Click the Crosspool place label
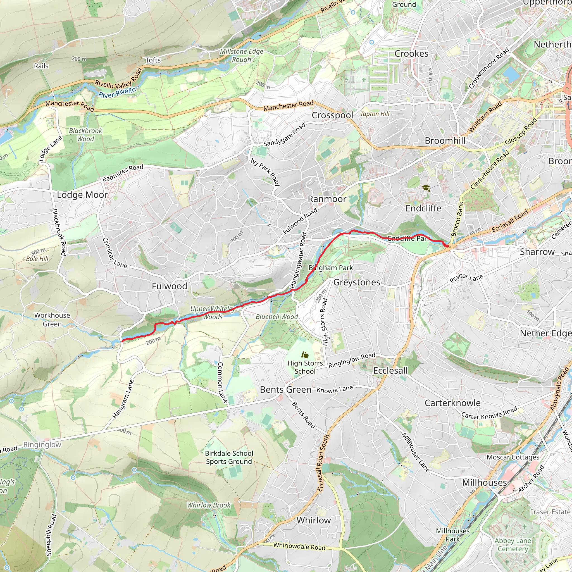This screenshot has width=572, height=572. pos(332,115)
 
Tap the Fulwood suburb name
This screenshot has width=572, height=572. pos(169,286)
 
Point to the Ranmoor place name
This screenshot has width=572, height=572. pos(327,199)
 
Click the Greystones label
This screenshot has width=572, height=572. pos(356,282)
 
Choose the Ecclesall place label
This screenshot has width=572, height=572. pos(390,370)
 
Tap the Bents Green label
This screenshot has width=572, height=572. pos(285,390)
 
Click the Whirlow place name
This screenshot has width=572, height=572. pos(314,520)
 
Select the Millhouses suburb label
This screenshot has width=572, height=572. pos(484,482)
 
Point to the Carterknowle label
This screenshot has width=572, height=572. pos(452,403)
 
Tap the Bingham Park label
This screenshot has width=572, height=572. pos(331,268)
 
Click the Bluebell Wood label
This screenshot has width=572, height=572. pos(277,316)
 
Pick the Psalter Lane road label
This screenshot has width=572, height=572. pos(466,278)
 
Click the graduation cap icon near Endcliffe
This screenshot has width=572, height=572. pos(426,188)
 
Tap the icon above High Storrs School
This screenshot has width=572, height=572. pos(305,354)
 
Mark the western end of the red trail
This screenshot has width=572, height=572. pos(122,341)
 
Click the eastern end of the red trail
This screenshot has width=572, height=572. pos(447,246)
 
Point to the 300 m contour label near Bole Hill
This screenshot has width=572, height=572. pos(38,252)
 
